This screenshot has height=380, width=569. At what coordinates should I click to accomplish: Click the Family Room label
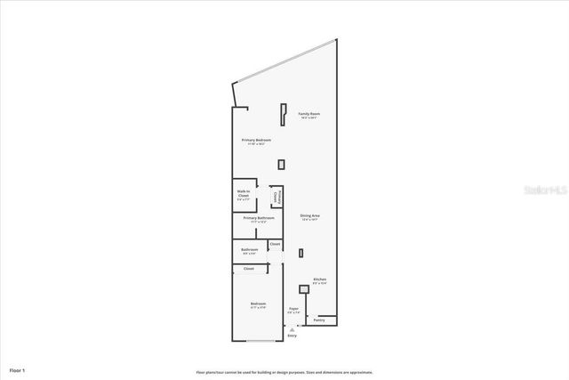(x=309, y=115)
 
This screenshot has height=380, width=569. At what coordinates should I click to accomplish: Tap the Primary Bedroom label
(x=256, y=141)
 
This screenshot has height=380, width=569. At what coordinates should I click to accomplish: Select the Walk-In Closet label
(x=243, y=192)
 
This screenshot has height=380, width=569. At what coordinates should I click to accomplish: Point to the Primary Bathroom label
(x=258, y=218)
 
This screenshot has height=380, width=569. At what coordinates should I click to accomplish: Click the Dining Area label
(x=309, y=216)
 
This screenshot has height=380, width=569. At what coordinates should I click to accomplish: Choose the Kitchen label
(x=319, y=279)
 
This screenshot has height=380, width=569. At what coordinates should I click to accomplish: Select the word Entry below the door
(x=292, y=336)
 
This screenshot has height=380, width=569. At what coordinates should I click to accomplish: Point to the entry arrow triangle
(x=292, y=328)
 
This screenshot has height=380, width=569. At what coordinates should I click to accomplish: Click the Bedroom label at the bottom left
(x=258, y=304)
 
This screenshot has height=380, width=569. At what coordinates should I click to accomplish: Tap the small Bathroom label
(x=249, y=250)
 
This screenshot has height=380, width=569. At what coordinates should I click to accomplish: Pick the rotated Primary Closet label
(x=276, y=197)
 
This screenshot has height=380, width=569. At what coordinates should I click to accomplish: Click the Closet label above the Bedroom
(x=248, y=268)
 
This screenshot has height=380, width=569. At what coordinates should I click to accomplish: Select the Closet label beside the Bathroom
(x=275, y=244)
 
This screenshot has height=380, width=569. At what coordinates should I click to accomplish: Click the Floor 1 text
(x=18, y=368)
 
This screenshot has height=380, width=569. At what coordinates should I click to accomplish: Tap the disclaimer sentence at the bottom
(x=284, y=372)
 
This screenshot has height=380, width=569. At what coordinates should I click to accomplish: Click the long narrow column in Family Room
(x=283, y=114)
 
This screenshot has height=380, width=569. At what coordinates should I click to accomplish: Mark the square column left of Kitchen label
(x=303, y=288)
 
